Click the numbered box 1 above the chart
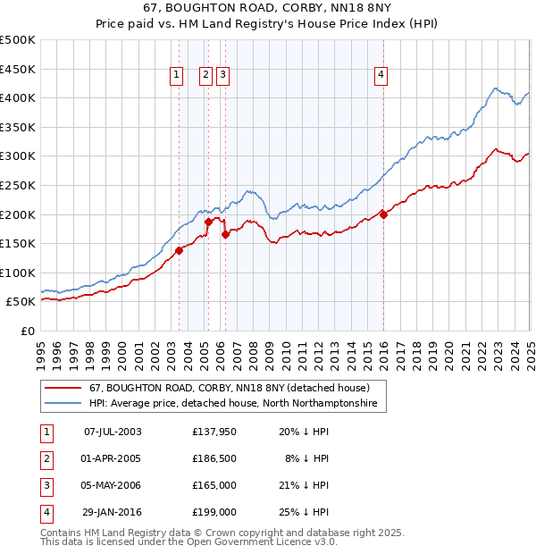[176, 76]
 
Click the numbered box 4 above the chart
[381, 76]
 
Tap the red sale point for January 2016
[383, 214]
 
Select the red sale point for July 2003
[179, 250]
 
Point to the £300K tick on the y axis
[19, 156]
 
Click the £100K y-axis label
[19, 273]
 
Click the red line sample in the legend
[63, 389]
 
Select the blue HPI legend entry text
[232, 404]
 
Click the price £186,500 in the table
[214, 458]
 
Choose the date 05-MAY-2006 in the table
[112, 485]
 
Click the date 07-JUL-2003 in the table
[112, 432]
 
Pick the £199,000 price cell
[214, 512]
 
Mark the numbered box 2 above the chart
[205, 76]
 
